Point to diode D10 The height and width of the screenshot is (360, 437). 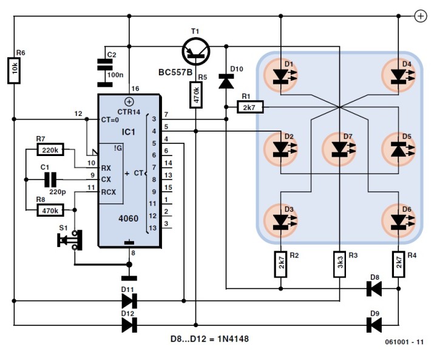click(226, 80)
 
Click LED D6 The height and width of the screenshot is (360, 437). click(398, 219)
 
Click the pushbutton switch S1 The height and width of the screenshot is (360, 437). click(68, 239)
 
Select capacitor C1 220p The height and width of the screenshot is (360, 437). click(51, 179)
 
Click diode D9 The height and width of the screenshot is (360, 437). click(374, 325)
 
